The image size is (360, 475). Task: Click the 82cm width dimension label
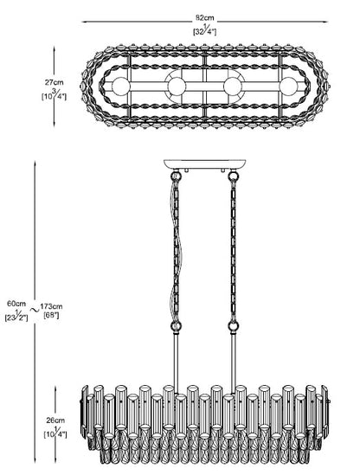pyautogui.click(x=204, y=18)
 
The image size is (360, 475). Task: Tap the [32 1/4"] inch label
pyautogui.click(x=204, y=30)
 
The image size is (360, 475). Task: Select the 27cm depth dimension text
pyautogui.click(x=55, y=82)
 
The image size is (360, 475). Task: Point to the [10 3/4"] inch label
pyautogui.click(x=54, y=95)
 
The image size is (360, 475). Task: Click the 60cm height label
pyautogui.click(x=16, y=303)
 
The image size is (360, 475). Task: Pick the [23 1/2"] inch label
pyautogui.click(x=16, y=317)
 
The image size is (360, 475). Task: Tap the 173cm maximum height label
pyautogui.click(x=51, y=306)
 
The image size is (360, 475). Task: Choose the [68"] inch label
pyautogui.click(x=51, y=315)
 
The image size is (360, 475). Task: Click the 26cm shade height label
pyautogui.click(x=55, y=420)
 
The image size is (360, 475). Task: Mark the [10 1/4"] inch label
pyautogui.click(x=55, y=433)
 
